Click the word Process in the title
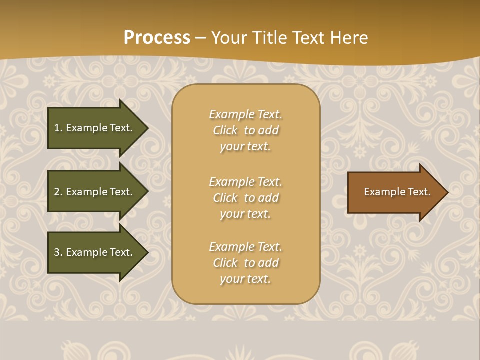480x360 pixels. coord(157,38)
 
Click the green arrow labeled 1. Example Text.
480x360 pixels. coord(95,128)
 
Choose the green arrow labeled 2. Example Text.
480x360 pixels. coord(95,192)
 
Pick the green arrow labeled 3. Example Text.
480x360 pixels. coord(95,252)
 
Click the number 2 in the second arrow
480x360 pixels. coord(57,192)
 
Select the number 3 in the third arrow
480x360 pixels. coord(57,252)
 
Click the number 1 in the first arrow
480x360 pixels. coord(57,128)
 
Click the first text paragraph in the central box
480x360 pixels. coord(245,130)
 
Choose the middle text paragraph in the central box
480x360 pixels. coord(245,198)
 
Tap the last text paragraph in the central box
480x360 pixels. coord(245,263)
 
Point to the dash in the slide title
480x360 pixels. coord(200,38)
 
